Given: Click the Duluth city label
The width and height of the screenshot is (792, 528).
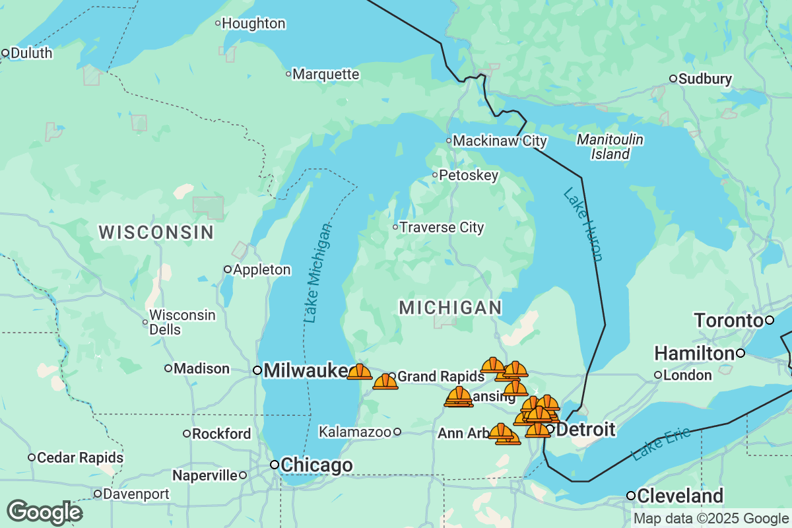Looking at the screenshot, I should (30, 53).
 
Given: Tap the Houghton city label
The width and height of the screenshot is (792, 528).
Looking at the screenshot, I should (253, 24).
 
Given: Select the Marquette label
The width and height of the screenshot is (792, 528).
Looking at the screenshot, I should (325, 74).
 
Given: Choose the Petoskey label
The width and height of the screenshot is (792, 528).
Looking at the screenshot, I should (468, 176).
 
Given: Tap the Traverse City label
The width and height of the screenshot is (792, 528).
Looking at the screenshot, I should (442, 228).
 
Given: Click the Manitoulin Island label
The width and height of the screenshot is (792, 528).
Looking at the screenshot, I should (610, 147).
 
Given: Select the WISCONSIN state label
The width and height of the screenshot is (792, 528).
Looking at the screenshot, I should (156, 232).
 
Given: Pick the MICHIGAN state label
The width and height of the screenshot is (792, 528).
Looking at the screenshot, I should (451, 308).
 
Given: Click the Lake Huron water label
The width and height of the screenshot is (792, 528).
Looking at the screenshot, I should (583, 224).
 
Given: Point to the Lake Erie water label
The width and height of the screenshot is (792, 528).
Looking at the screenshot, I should (661, 444).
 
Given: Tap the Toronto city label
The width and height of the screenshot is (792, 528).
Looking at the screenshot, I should (728, 321).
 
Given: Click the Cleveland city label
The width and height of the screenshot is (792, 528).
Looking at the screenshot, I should (680, 496).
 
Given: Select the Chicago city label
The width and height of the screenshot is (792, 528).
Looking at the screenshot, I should (316, 465).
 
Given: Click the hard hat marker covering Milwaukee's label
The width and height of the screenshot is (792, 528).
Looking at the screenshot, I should (360, 372).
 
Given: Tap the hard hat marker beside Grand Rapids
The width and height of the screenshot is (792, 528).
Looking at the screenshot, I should (385, 381).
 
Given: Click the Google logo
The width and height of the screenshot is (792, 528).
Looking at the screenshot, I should (44, 512).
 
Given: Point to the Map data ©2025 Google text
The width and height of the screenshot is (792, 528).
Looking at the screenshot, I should (711, 519).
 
